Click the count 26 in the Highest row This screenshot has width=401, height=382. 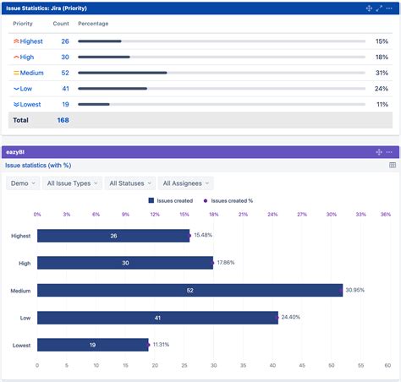[65, 41]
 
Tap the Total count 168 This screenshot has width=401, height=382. [63, 120]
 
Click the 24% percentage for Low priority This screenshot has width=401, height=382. [382, 89]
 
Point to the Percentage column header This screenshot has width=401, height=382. [92, 24]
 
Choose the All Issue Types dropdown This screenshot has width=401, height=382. [72, 183]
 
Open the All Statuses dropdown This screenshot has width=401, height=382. [130, 183]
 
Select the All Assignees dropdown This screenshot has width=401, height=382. [185, 183]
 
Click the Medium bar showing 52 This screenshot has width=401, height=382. [190, 291]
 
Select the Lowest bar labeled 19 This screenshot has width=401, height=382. [92, 345]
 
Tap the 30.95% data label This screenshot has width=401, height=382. [356, 290]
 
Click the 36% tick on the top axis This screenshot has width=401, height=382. [385, 215]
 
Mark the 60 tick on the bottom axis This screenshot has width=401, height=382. [387, 365]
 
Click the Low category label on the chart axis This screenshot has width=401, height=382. [25, 318]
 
